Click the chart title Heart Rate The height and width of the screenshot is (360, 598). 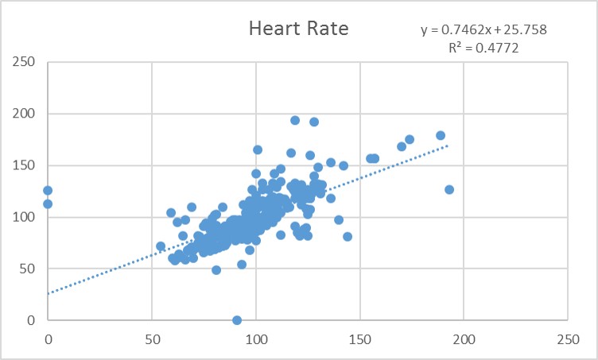click(x=298, y=29)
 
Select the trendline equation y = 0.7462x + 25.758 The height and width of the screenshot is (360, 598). click(x=483, y=30)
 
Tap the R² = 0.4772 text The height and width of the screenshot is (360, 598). click(x=484, y=48)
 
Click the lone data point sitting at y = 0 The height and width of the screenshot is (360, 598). click(x=237, y=320)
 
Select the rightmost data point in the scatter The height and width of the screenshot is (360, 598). click(x=449, y=189)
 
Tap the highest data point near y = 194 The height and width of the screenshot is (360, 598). click(x=295, y=120)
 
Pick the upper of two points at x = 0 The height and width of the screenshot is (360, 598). click(x=48, y=190)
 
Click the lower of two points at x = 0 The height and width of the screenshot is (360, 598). click(x=48, y=203)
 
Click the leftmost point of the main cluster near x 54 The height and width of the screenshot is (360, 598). click(x=161, y=246)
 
